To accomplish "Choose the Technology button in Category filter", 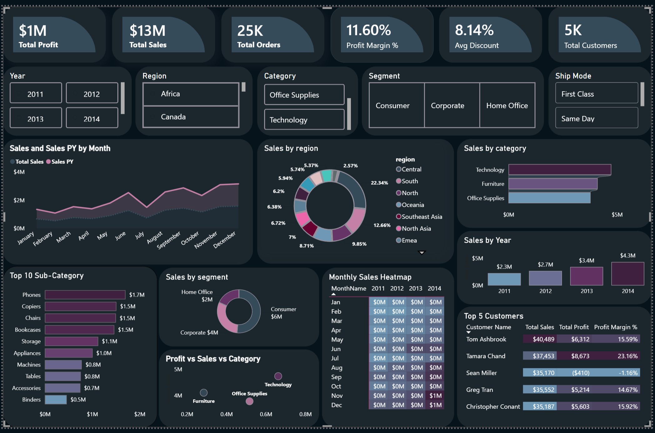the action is pos(304,119).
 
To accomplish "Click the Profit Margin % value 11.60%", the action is pos(368,30).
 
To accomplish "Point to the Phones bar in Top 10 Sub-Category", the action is pos(85,295).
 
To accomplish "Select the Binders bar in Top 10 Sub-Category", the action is pos(56,400).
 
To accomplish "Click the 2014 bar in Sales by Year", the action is pos(628,274).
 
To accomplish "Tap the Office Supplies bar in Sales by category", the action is pos(549,198).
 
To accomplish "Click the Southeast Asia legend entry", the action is pos(419,216).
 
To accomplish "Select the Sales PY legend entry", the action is pos(60,162).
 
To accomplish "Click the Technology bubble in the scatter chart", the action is pos(278,376).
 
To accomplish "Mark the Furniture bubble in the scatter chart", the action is pos(204,392).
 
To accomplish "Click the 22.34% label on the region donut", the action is pos(379,183).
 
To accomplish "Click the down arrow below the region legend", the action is pos(422,253).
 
